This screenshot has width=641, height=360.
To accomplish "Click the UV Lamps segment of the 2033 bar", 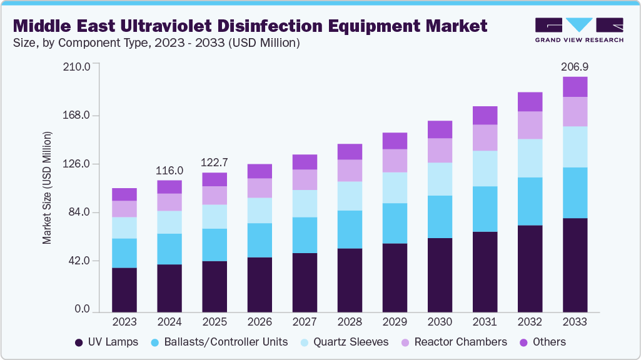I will (575, 264).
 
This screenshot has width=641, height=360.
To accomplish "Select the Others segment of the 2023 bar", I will (124, 194).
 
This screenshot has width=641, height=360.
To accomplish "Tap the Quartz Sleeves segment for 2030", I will (440, 179).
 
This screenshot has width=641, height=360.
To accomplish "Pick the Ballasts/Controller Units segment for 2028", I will (350, 229).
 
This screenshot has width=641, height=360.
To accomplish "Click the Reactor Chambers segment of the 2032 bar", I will (530, 125).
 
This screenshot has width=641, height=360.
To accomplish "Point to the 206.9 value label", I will (575, 66).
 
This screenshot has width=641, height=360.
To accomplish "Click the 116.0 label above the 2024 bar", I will (169, 170).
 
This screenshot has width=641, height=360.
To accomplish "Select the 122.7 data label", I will (215, 162).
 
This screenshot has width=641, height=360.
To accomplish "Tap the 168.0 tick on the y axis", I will (78, 116).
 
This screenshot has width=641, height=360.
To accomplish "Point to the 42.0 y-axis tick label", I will (81, 261).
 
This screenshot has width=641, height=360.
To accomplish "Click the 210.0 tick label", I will (78, 66).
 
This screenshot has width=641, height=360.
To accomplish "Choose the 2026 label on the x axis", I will (260, 322).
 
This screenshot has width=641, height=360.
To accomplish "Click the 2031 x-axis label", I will (485, 322).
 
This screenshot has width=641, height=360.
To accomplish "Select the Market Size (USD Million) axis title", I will (48, 187).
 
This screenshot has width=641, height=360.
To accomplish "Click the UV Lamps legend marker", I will (79, 342).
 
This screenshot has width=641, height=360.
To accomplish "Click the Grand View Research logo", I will (578, 30).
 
